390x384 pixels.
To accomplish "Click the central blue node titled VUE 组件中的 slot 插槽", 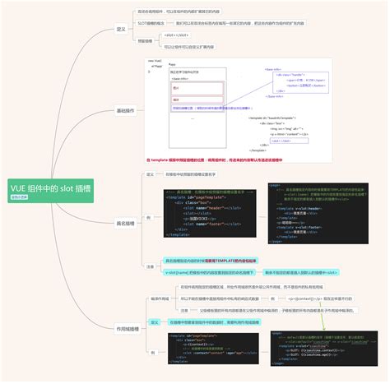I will [50, 188].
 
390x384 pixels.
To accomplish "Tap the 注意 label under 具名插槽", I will [150, 266].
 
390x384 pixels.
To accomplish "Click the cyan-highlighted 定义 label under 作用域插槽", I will [154, 322].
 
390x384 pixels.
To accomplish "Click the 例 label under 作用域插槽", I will [152, 351].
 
